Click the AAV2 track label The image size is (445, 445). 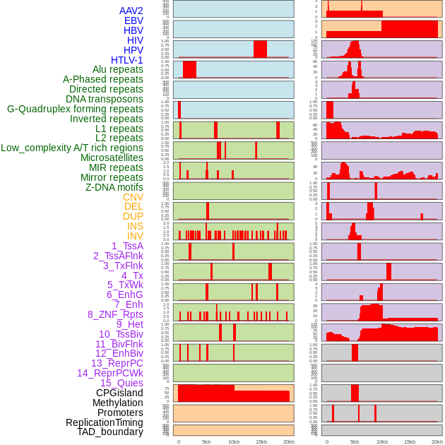131,11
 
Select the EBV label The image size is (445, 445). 133,20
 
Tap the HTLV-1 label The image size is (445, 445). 127,60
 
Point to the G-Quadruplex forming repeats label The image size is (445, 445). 75,109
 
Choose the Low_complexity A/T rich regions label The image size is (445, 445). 72,148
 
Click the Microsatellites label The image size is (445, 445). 112,158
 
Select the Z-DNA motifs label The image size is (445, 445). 114,187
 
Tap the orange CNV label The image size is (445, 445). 133,197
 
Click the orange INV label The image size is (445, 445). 135,236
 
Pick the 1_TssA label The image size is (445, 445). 127,246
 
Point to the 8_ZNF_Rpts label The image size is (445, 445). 115,314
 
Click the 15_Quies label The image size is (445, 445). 121,383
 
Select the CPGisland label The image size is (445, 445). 119,393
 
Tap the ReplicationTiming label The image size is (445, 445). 104,422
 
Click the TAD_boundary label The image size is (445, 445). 110,432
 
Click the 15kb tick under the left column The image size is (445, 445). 261,441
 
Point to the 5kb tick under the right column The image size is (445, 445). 355,441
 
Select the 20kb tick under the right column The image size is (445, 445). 437,441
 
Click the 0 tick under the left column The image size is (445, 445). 178,441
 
